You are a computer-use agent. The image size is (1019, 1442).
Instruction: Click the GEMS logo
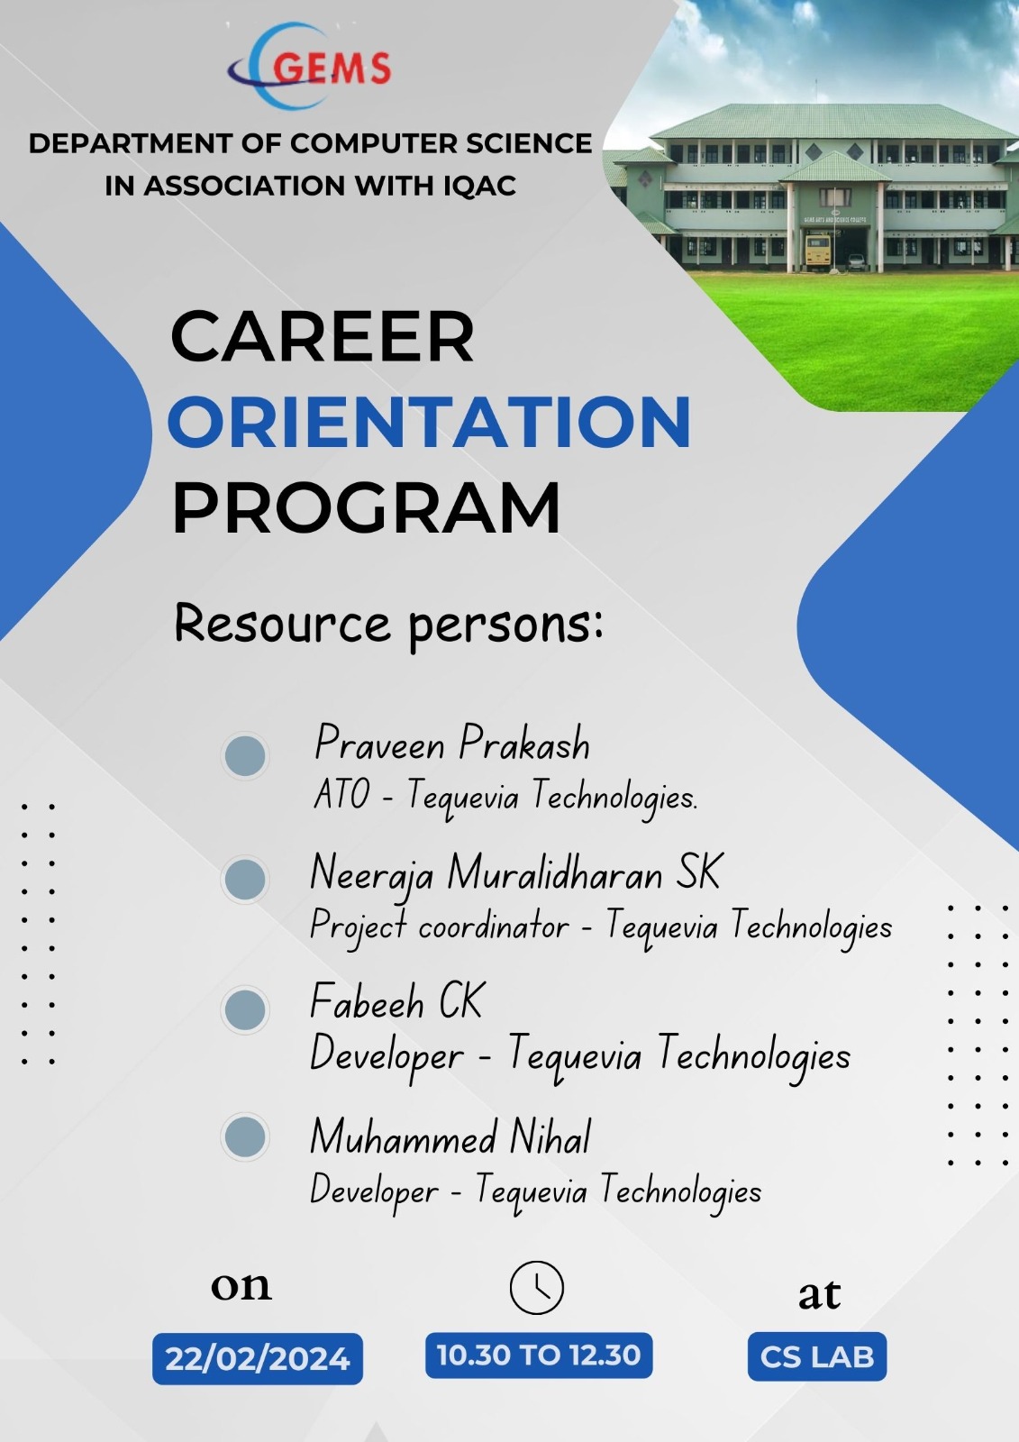click(x=311, y=66)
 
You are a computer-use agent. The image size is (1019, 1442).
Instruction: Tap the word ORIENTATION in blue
click(x=429, y=422)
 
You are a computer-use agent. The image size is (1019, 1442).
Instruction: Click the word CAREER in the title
click(x=322, y=337)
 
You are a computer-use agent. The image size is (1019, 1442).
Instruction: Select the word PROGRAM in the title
click(x=366, y=508)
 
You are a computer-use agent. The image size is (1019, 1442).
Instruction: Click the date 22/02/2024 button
click(x=258, y=1358)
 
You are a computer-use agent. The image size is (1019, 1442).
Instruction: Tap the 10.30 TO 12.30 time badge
click(x=538, y=1355)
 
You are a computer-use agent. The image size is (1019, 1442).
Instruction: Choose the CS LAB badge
click(x=816, y=1356)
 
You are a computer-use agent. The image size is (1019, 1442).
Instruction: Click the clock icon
click(x=536, y=1288)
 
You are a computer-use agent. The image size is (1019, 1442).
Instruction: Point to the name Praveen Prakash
click(x=451, y=744)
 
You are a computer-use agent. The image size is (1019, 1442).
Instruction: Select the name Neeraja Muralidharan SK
click(x=515, y=872)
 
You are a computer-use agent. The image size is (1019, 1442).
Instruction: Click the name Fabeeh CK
click(x=396, y=1001)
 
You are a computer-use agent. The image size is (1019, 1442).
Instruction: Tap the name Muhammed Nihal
click(x=450, y=1137)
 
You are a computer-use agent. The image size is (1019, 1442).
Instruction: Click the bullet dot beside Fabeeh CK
click(x=245, y=1009)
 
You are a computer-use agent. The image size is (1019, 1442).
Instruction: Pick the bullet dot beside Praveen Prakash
click(x=245, y=754)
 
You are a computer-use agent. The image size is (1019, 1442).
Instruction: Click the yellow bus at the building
click(x=817, y=251)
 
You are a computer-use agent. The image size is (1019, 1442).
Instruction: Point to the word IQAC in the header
click(x=479, y=186)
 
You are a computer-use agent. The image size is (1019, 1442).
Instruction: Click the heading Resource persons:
click(x=388, y=624)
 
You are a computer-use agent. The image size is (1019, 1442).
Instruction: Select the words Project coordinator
click(x=439, y=926)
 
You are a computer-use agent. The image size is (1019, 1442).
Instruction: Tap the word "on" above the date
click(x=241, y=1286)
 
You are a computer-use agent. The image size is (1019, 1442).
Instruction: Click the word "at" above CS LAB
click(x=818, y=1294)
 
